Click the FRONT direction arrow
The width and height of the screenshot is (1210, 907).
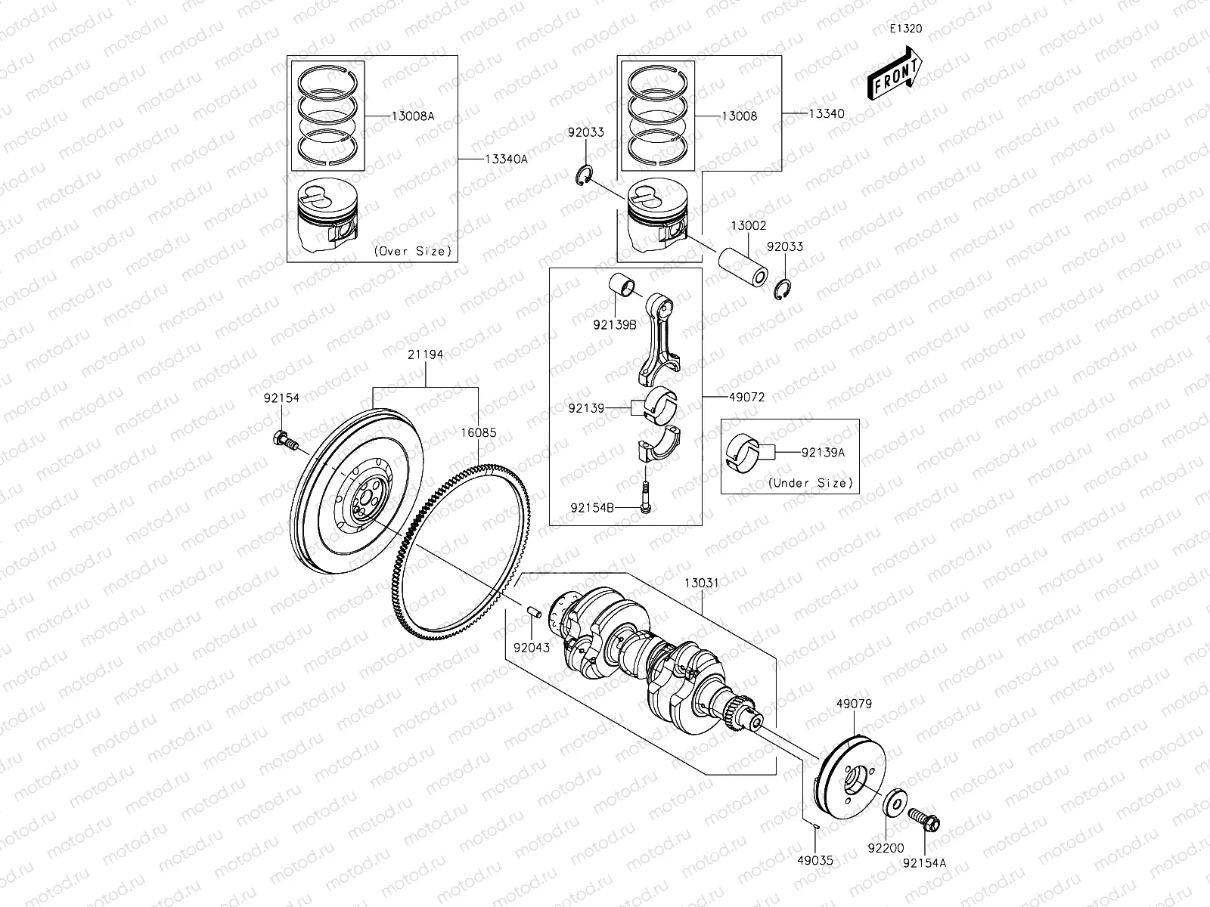[895, 75]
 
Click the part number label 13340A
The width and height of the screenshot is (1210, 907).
[507, 159]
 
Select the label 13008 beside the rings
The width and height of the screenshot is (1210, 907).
[739, 116]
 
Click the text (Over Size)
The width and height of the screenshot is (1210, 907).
[412, 251]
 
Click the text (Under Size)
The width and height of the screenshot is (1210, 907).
[810, 482]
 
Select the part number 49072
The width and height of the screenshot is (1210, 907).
[748, 397]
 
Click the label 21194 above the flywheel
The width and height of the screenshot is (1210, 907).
[425, 354]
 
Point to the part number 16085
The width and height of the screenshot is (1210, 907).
[479, 433]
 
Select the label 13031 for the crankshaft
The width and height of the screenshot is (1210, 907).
[702, 584]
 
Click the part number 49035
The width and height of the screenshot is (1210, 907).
[814, 859]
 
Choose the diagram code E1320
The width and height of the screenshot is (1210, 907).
[905, 29]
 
